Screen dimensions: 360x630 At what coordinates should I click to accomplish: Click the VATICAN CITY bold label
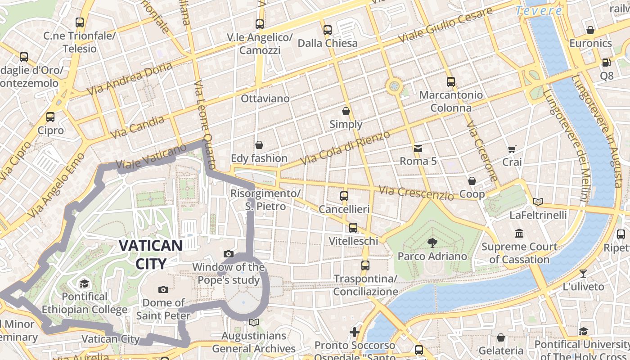[x=150, y=254]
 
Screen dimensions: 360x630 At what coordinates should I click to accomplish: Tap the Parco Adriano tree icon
[x=432, y=243]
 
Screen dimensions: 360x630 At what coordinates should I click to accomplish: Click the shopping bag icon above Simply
[x=346, y=111]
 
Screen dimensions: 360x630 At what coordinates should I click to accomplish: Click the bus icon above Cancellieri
[x=344, y=196]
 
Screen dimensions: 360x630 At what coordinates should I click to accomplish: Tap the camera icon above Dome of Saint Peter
[x=163, y=289]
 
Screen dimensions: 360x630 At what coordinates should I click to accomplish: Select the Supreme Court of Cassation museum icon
[x=519, y=234]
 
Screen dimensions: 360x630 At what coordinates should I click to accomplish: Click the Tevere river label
[x=539, y=11]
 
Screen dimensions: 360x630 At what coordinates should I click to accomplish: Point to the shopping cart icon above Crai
[x=512, y=149]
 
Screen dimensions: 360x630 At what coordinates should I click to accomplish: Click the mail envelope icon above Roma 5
[x=418, y=148]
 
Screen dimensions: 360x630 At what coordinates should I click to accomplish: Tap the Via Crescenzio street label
[x=416, y=193]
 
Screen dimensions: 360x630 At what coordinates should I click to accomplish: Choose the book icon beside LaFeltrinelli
[x=538, y=202]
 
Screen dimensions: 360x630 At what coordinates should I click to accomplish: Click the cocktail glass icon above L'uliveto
[x=583, y=273]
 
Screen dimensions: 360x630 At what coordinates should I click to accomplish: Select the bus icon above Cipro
[x=50, y=117]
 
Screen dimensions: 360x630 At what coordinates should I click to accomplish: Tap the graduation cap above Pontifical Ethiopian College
[x=84, y=283]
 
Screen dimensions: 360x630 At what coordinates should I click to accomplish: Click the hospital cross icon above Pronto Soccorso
[x=355, y=332]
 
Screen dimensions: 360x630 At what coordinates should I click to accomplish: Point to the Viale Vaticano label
[x=151, y=158]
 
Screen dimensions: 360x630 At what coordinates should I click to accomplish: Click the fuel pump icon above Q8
[x=606, y=62]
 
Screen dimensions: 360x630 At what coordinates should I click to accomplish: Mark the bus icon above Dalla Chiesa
[x=328, y=30]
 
